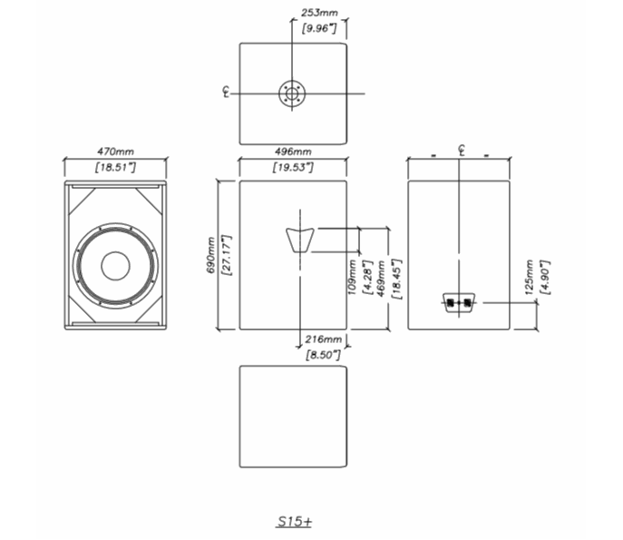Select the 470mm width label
[x=115, y=152]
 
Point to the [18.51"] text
[x=115, y=168]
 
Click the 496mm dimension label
[x=293, y=152]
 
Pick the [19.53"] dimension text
[x=293, y=168]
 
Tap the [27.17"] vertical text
[x=227, y=256]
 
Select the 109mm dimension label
[x=352, y=275]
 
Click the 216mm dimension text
[x=324, y=339]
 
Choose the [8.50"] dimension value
[x=324, y=354]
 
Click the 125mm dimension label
[x=530, y=277]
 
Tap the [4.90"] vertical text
[x=544, y=277]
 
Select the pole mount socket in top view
[x=292, y=93]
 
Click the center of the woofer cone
[x=115, y=265]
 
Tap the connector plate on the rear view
[x=459, y=302]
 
